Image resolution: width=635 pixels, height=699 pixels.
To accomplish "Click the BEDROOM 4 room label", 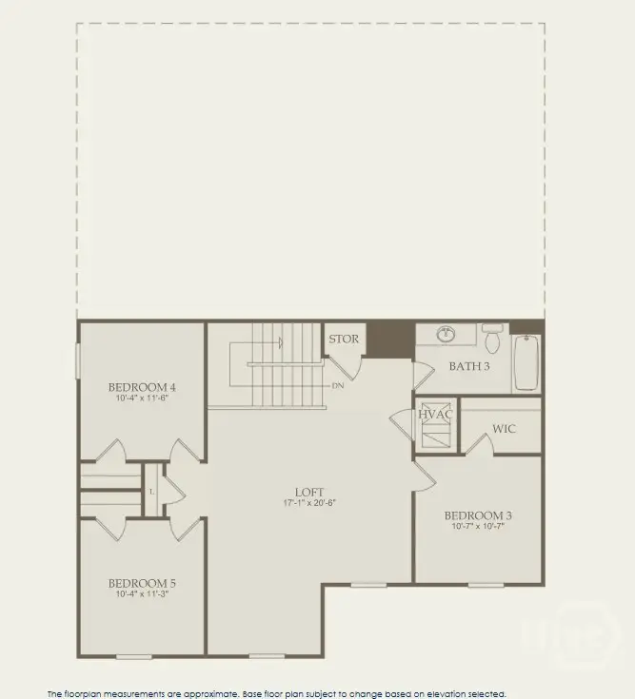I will (142, 387).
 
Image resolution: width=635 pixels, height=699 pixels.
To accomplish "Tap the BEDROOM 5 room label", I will (142, 583).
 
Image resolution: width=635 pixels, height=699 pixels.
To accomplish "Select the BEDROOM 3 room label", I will (478, 516).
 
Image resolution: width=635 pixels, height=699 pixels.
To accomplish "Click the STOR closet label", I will (343, 340).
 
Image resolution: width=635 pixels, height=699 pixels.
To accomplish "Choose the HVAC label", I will (435, 415).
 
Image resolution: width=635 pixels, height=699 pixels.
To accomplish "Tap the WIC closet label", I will (504, 429).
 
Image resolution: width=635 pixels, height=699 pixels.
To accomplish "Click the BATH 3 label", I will (469, 366).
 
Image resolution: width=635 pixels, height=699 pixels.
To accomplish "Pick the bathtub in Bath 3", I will (526, 362).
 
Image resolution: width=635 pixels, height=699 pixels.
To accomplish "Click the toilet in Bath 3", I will (492, 337).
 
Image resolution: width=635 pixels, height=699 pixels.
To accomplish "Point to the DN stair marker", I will (338, 386).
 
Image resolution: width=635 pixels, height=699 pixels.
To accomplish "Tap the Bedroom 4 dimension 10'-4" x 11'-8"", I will (142, 398).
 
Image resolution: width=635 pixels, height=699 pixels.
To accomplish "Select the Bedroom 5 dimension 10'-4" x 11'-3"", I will (142, 594).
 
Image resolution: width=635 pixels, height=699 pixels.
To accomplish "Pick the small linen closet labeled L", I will (152, 490).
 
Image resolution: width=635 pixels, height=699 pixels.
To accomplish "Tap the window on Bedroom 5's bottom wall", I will (134, 656).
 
